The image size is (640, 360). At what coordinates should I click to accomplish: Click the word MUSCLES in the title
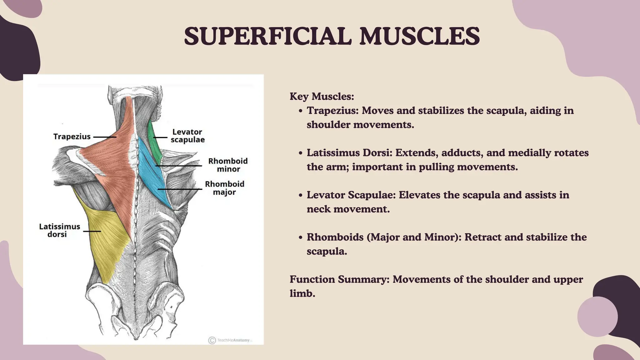point(419,36)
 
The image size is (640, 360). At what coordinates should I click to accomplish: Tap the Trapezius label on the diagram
point(72,137)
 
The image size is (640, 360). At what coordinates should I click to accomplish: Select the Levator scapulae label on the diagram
point(187,136)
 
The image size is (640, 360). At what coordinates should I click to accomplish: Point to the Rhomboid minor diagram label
point(228,165)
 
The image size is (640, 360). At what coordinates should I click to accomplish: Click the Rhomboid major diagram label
point(224,188)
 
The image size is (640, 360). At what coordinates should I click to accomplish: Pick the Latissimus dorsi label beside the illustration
point(59,230)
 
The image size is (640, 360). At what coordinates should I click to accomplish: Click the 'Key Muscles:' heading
point(322,96)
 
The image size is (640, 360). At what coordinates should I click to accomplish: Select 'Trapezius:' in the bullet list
point(332,110)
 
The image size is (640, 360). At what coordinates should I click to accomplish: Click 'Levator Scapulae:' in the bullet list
point(351,195)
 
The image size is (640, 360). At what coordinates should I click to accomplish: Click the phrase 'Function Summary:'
point(339,279)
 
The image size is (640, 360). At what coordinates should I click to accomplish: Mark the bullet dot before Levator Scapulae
point(300,195)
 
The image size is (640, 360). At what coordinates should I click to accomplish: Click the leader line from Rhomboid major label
point(179,189)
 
